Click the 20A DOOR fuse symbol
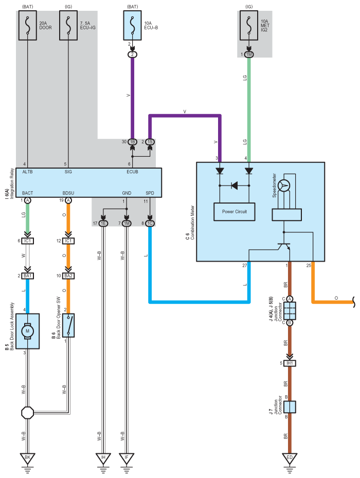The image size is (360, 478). (x=27, y=25)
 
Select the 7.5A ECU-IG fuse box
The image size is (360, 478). (x=68, y=25)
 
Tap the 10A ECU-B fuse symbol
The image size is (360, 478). (x=132, y=25)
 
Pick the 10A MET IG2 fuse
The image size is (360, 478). (x=249, y=25)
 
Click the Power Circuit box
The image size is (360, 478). (x=235, y=212)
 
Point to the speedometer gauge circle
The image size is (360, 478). (x=284, y=185)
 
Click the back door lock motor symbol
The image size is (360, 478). (x=27, y=331)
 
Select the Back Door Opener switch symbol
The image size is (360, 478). (x=68, y=325)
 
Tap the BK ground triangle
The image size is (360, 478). (x=27, y=458)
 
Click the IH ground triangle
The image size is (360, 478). (x=103, y=458)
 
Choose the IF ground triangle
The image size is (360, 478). (x=127, y=458)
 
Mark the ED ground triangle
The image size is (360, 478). (x=290, y=458)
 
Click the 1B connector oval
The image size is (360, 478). (x=132, y=142)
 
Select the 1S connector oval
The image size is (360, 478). (x=150, y=142)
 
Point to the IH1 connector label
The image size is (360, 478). (x=290, y=363)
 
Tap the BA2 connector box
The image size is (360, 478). (x=68, y=275)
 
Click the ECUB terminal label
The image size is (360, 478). (x=132, y=172)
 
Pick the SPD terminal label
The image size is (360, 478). (x=150, y=193)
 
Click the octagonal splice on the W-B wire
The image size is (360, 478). (x=27, y=413)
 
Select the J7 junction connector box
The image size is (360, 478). (x=290, y=407)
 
